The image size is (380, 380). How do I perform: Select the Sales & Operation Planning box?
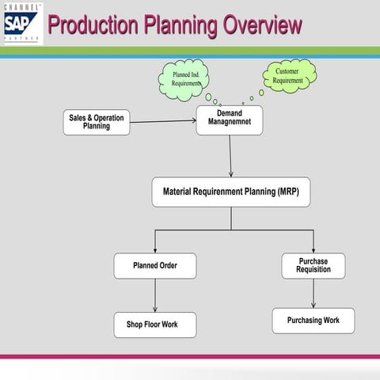[97, 122]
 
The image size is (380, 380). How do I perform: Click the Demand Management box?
[229, 120]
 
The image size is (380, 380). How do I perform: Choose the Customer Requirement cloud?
[288, 75]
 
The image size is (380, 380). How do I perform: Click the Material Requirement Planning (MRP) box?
[230, 192]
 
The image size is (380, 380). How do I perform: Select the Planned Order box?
[154, 266]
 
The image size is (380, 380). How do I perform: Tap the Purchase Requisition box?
[313, 265]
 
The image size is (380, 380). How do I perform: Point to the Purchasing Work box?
[313, 321]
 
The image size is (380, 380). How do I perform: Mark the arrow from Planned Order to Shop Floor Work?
[155, 295]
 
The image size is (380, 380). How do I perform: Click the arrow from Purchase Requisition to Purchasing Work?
[313, 293]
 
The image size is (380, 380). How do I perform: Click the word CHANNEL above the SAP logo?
[20, 6]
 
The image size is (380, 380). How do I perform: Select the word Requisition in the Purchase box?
[313, 270]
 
